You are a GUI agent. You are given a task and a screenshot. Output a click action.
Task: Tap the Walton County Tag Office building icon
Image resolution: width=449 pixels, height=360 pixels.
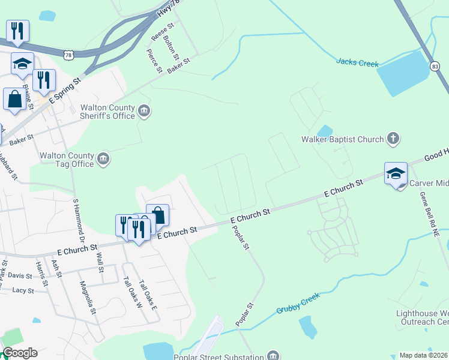103,158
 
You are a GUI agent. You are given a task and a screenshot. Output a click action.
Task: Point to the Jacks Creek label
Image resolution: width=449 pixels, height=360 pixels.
357,62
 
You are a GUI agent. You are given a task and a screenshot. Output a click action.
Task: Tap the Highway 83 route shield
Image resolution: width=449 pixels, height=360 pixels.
435,67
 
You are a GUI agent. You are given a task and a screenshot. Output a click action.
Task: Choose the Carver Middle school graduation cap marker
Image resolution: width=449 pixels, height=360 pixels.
396,174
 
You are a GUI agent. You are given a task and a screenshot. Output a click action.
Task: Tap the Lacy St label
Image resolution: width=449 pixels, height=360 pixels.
22,290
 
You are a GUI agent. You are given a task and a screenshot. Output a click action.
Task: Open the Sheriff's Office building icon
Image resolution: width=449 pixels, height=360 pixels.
144,110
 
